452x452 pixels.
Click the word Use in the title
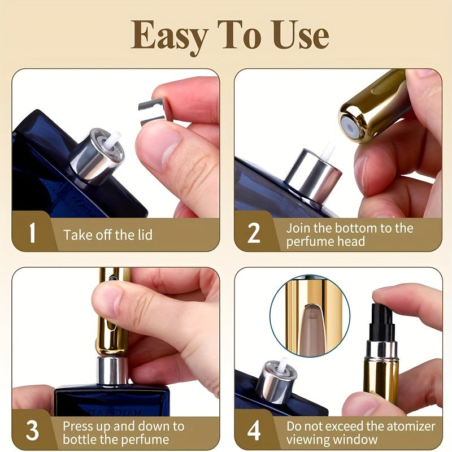tap(297, 35)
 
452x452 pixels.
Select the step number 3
tap(32, 431)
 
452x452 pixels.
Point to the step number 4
tap(254, 431)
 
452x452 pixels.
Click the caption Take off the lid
tap(107, 234)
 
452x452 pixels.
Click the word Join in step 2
tap(297, 228)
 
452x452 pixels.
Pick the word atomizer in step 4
tap(416, 425)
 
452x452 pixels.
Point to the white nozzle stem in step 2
tap(327, 153)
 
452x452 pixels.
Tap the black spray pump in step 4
tap(383, 322)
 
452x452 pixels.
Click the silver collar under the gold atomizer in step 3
tap(112, 370)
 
